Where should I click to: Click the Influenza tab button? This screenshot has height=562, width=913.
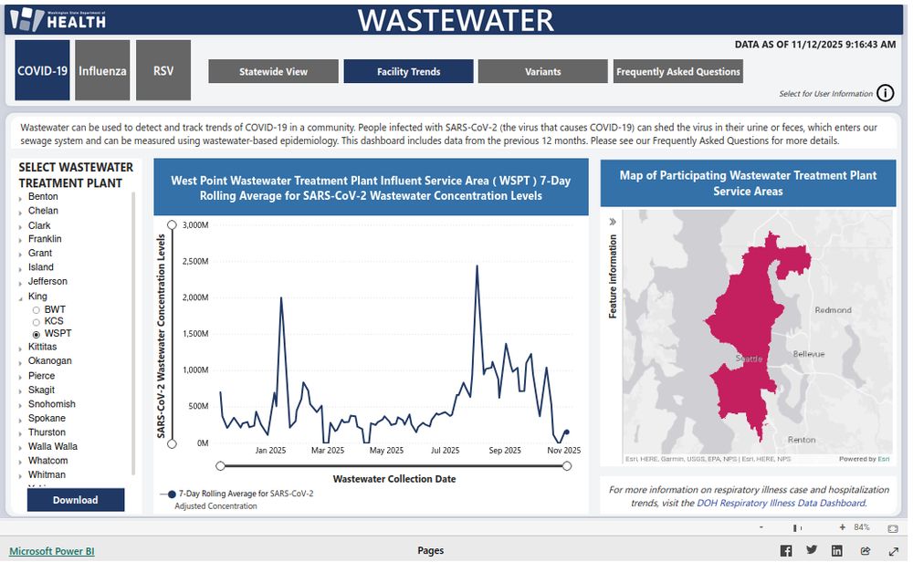coord(102,70)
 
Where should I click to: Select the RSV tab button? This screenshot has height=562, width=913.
coord(163,70)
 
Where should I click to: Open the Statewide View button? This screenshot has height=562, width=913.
coord(273,71)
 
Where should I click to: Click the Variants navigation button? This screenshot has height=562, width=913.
coord(542,71)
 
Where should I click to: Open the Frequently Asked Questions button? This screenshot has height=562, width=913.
coord(677,71)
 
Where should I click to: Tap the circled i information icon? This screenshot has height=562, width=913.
coord(885,93)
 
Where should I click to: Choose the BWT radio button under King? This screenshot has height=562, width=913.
coord(37,310)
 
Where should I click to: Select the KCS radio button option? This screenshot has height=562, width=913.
coord(37,322)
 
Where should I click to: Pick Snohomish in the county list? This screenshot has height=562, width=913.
coord(51,404)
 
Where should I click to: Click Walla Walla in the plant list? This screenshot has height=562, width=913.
coord(52,446)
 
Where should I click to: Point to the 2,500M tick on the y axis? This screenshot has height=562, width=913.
coord(195,261)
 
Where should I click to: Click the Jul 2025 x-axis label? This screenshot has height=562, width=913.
coord(445,451)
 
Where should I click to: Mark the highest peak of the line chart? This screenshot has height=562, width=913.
coord(477,266)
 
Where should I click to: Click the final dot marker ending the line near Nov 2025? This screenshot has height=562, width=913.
coord(566,432)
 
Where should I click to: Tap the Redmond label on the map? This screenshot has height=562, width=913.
coord(833,310)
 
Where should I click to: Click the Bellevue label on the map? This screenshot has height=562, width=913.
coord(808,354)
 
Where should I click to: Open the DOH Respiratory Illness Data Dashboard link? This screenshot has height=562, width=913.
coord(781,503)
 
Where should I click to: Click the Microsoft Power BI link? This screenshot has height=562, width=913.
coord(51,551)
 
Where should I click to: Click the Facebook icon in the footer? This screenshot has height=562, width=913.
coord(785,551)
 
